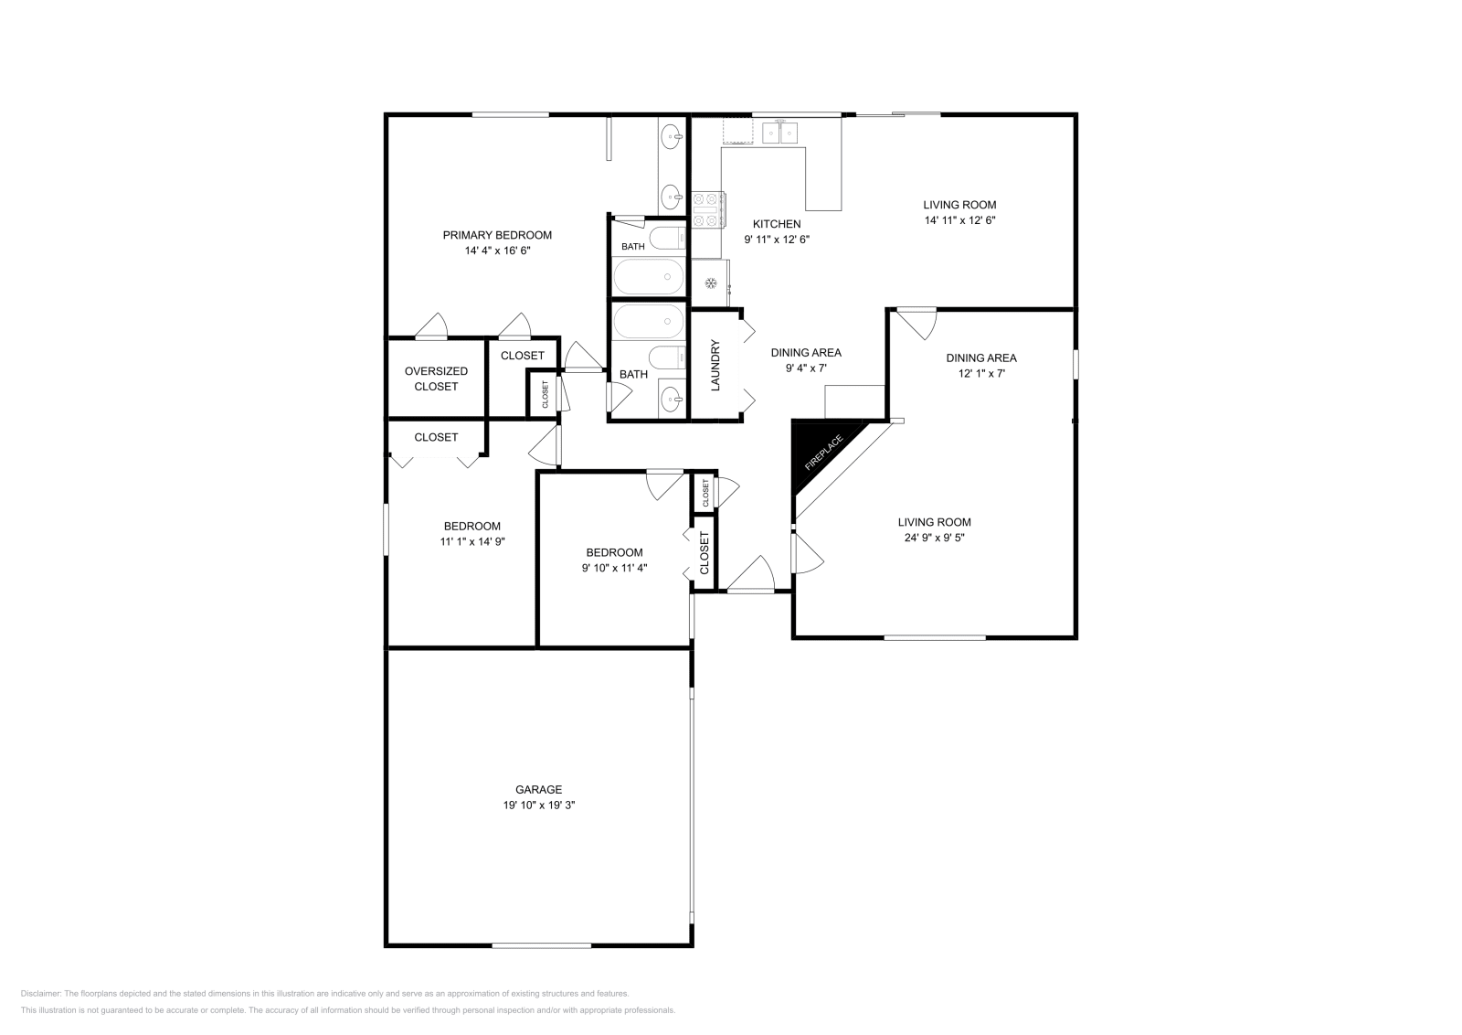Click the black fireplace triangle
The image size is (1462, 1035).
click(817, 451)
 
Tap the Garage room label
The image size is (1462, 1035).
click(538, 789)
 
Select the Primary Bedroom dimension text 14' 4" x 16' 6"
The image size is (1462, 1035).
click(497, 251)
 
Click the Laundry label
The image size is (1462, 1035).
click(715, 365)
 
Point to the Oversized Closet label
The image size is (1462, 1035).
click(436, 379)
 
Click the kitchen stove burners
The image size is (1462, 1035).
click(708, 209)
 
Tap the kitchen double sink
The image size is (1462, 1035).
click(780, 133)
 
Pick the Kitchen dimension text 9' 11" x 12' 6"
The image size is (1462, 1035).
click(777, 240)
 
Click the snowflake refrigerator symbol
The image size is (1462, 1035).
click(711, 283)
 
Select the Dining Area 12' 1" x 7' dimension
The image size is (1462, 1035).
click(981, 374)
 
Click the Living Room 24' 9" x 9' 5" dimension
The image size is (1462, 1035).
click(935, 538)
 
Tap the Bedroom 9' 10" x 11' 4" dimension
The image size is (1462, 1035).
click(614, 568)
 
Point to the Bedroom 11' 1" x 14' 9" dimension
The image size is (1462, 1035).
click(472, 541)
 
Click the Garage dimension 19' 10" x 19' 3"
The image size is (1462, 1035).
click(538, 806)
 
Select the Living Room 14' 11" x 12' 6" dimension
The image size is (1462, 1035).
click(959, 220)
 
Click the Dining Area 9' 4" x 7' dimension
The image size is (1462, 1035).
click(806, 368)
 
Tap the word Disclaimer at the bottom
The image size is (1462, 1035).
click(41, 994)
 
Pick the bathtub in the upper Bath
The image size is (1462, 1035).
click(649, 277)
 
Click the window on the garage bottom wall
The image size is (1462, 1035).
click(542, 945)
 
